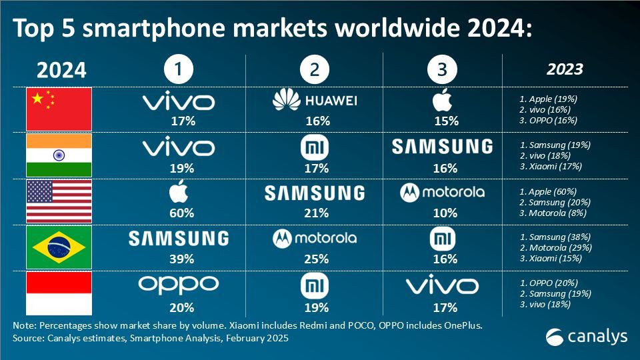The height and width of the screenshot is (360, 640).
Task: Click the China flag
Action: click(59, 109)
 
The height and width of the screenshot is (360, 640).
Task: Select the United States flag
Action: click(59, 201)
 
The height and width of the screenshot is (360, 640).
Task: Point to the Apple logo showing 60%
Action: click(179, 193)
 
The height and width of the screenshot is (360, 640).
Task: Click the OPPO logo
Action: click(179, 285)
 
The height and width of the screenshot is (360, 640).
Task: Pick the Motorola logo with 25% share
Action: click(315, 238)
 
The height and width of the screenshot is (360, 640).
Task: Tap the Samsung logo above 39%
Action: click(178, 239)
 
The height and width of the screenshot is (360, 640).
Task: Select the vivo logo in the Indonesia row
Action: click(442, 286)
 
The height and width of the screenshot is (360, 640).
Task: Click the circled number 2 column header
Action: click(315, 69)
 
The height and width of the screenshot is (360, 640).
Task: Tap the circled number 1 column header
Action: click(179, 69)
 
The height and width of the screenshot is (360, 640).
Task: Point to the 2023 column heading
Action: click(565, 69)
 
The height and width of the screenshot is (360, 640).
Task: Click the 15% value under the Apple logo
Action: click(445, 121)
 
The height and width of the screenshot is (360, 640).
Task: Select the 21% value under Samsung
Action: click(315, 213)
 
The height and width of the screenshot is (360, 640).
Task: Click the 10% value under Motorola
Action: click(445, 213)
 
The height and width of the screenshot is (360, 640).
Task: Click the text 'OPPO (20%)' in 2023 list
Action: click(553, 282)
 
